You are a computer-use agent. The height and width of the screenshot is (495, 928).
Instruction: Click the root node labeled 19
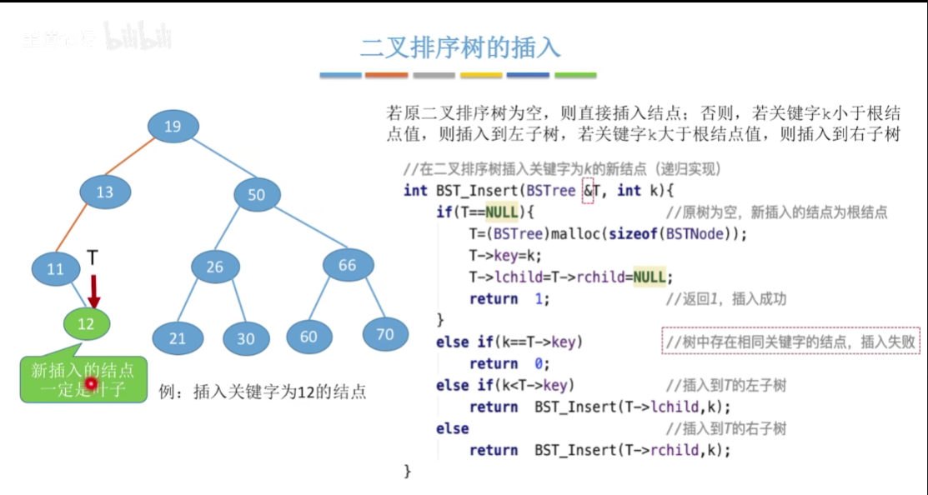click(173, 127)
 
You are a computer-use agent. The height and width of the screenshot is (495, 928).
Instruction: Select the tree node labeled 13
click(104, 192)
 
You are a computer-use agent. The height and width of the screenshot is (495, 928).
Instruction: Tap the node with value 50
click(256, 195)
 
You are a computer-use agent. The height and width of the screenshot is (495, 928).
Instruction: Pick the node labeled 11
click(55, 269)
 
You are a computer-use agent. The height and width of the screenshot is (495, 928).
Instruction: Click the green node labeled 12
click(86, 324)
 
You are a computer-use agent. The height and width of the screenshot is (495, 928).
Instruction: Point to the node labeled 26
click(215, 267)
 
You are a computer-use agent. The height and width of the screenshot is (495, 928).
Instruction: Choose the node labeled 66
click(347, 265)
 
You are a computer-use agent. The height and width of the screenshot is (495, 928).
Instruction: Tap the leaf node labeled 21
click(177, 338)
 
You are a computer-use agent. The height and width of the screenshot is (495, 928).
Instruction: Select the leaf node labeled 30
click(245, 338)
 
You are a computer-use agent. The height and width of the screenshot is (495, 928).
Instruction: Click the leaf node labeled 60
click(308, 337)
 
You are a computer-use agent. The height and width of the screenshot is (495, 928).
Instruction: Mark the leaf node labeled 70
click(384, 334)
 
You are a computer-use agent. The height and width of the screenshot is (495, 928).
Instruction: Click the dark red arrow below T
click(94, 291)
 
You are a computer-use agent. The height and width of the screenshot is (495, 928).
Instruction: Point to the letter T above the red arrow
click(93, 258)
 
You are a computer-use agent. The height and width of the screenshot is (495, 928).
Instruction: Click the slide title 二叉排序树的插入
click(460, 47)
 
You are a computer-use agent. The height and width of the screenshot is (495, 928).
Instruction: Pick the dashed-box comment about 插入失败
click(790, 341)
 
